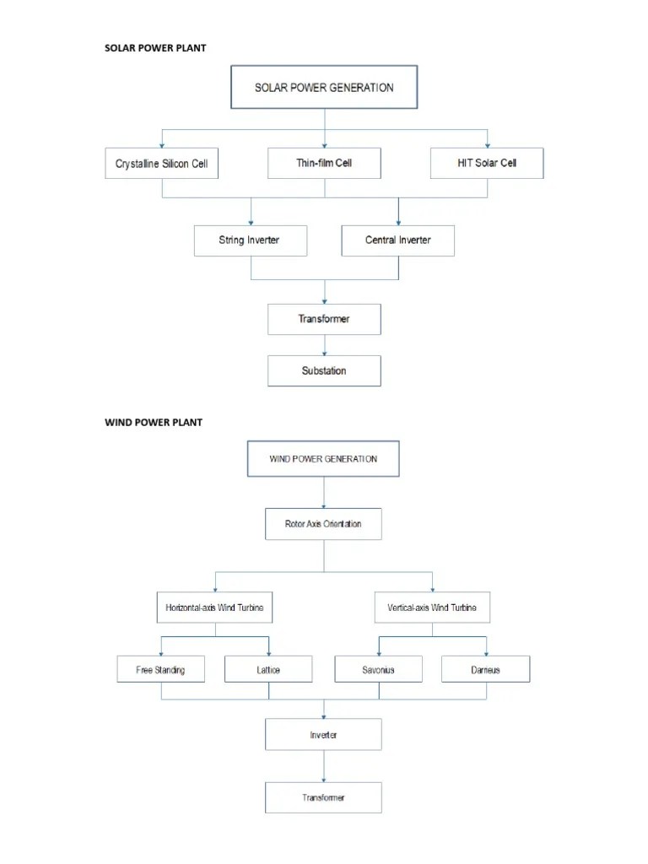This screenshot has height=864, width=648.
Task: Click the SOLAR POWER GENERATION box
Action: click(x=324, y=88)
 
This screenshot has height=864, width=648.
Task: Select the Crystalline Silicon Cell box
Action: click(x=161, y=164)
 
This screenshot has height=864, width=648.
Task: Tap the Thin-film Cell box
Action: click(x=324, y=163)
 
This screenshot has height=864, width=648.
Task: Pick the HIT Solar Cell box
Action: click(x=487, y=163)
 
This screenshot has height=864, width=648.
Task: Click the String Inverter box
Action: click(x=250, y=240)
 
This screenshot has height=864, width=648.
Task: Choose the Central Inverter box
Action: click(x=397, y=240)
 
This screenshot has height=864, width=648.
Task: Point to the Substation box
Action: click(x=324, y=370)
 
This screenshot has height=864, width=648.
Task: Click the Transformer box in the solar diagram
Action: click(x=324, y=320)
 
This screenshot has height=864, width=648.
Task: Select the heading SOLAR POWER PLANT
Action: click(x=154, y=48)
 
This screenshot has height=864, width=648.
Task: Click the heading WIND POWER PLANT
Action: click(x=153, y=422)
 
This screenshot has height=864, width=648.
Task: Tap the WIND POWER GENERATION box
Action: click(x=323, y=460)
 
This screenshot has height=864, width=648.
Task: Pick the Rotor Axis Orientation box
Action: click(x=324, y=524)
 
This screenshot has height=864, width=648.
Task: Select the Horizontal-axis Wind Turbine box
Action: click(x=215, y=607)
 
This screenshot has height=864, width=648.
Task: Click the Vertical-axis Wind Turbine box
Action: click(x=432, y=607)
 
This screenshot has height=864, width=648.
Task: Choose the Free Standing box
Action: click(x=160, y=670)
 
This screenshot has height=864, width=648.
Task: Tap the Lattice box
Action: click(x=269, y=670)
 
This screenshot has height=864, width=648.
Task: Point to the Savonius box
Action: click(x=378, y=670)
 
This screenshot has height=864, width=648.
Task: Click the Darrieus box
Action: click(x=486, y=670)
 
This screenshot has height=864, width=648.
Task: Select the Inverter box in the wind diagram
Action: click(x=324, y=735)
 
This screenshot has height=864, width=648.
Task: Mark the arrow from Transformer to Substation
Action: click(x=325, y=345)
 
